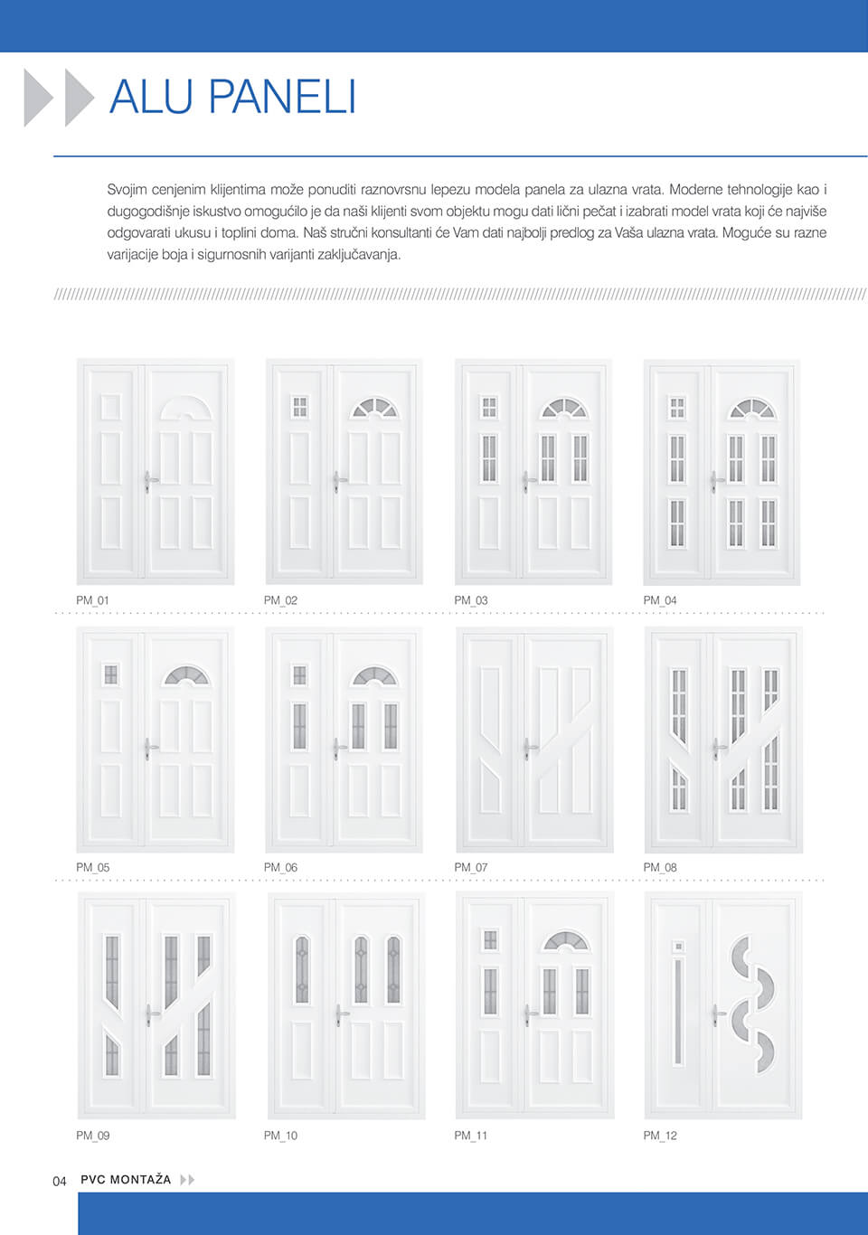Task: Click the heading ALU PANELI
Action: [232, 97]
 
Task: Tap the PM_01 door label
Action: [92, 600]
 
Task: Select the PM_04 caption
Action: [660, 600]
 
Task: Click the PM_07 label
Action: [470, 867]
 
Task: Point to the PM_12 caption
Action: [660, 1136]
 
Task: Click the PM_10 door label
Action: [280, 1136]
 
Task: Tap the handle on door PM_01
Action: [148, 479]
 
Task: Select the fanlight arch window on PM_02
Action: [373, 409]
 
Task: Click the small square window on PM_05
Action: [110, 674]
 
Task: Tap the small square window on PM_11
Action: [490, 940]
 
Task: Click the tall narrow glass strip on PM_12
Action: [678, 1013]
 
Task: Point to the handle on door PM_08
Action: [717, 749]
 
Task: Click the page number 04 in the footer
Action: [60, 1181]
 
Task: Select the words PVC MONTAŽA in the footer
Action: [126, 1180]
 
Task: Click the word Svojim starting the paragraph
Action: [127, 190]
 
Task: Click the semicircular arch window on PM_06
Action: [373, 676]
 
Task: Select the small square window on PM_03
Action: [489, 408]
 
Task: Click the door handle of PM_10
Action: [340, 1014]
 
